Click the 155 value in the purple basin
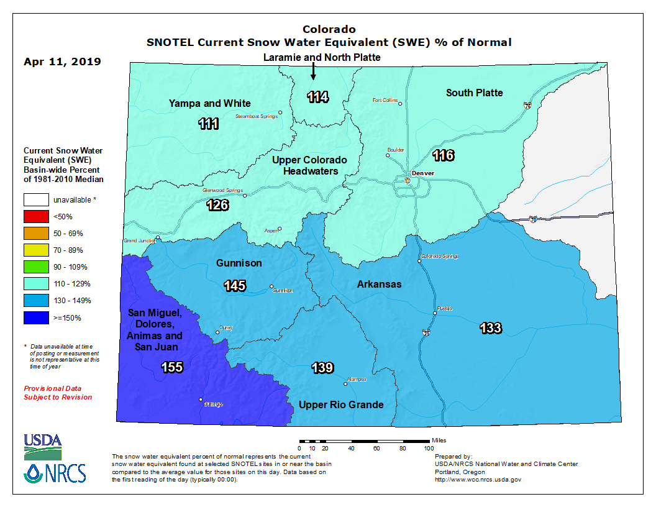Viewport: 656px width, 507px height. tap(172, 367)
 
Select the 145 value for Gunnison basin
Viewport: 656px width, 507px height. tap(235, 286)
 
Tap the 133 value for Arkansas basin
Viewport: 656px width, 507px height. tap(490, 327)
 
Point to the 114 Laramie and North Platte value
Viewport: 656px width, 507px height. tap(317, 97)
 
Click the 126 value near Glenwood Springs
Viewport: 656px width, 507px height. tap(217, 205)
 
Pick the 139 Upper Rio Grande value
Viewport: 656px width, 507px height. tap(322, 368)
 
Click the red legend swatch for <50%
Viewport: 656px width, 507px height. tap(36, 217)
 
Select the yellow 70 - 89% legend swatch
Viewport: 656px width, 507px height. tap(36, 250)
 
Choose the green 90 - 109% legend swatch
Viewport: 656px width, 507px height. tap(36, 267)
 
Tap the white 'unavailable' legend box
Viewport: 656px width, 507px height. tap(36, 200)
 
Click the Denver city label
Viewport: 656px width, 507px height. tap(422, 173)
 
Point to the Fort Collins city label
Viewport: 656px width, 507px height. tap(385, 100)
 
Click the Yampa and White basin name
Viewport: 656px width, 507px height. tap(210, 103)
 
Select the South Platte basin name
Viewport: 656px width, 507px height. tap(475, 93)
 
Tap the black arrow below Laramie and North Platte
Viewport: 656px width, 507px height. tap(313, 72)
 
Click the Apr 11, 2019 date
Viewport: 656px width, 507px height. tap(62, 62)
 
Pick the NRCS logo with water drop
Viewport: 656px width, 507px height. tap(55, 473)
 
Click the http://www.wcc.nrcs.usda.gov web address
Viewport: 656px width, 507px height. tap(478, 480)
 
